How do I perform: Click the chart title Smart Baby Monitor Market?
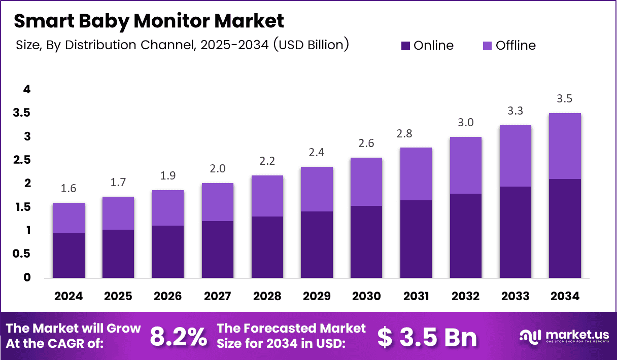[149, 21]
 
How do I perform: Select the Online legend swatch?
[405, 46]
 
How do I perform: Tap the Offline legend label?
[516, 46]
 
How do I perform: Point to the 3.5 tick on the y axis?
[22, 113]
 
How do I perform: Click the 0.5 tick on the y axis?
[22, 254]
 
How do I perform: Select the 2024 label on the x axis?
[68, 296]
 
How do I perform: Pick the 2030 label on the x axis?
[367, 296]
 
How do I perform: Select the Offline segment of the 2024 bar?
[68, 218]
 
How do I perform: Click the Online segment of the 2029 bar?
[317, 244]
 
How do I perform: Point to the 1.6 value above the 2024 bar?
[68, 189]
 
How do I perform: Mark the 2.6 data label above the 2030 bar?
[367, 143]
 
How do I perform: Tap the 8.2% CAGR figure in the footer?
[178, 336]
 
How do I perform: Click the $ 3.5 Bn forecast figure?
[427, 336]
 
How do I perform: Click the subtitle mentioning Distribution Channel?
[182, 45]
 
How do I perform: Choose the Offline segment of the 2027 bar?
[218, 202]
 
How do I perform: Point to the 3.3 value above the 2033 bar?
[516, 111]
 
